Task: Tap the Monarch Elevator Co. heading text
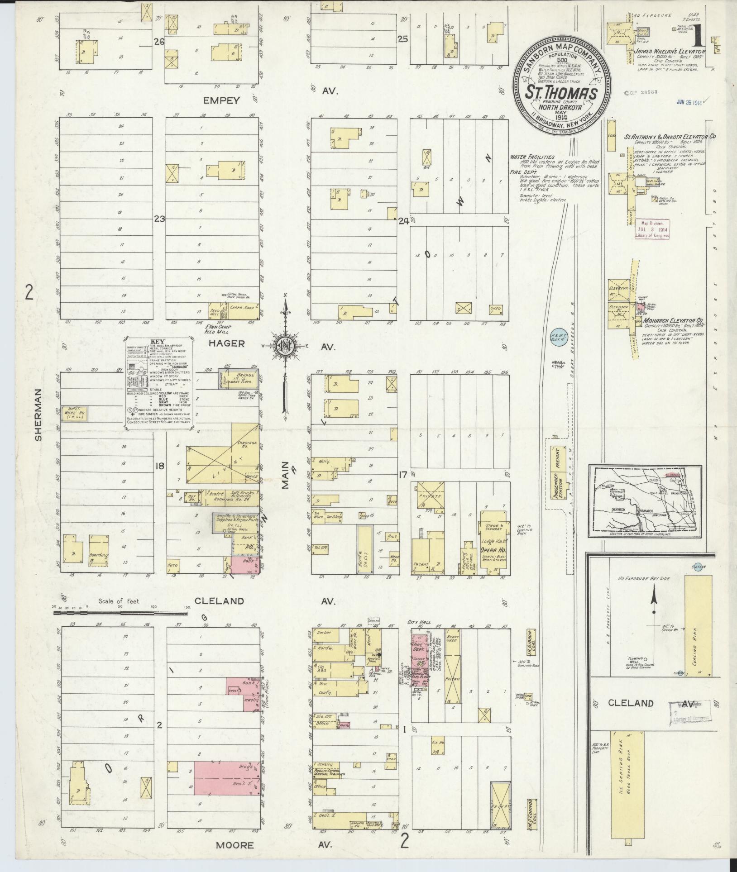click(670, 322)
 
